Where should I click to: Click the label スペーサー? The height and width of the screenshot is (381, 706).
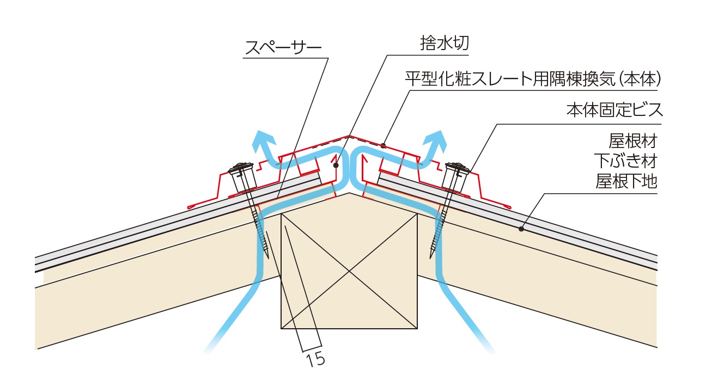(283, 48)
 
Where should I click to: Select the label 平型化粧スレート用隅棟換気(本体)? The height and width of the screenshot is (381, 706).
(533, 80)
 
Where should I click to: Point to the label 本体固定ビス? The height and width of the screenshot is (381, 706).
(613, 110)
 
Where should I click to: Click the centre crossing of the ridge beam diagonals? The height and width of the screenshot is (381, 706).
(349, 271)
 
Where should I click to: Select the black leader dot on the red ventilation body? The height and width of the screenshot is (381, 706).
(384, 145)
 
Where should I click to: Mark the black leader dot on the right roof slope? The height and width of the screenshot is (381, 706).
(521, 229)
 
